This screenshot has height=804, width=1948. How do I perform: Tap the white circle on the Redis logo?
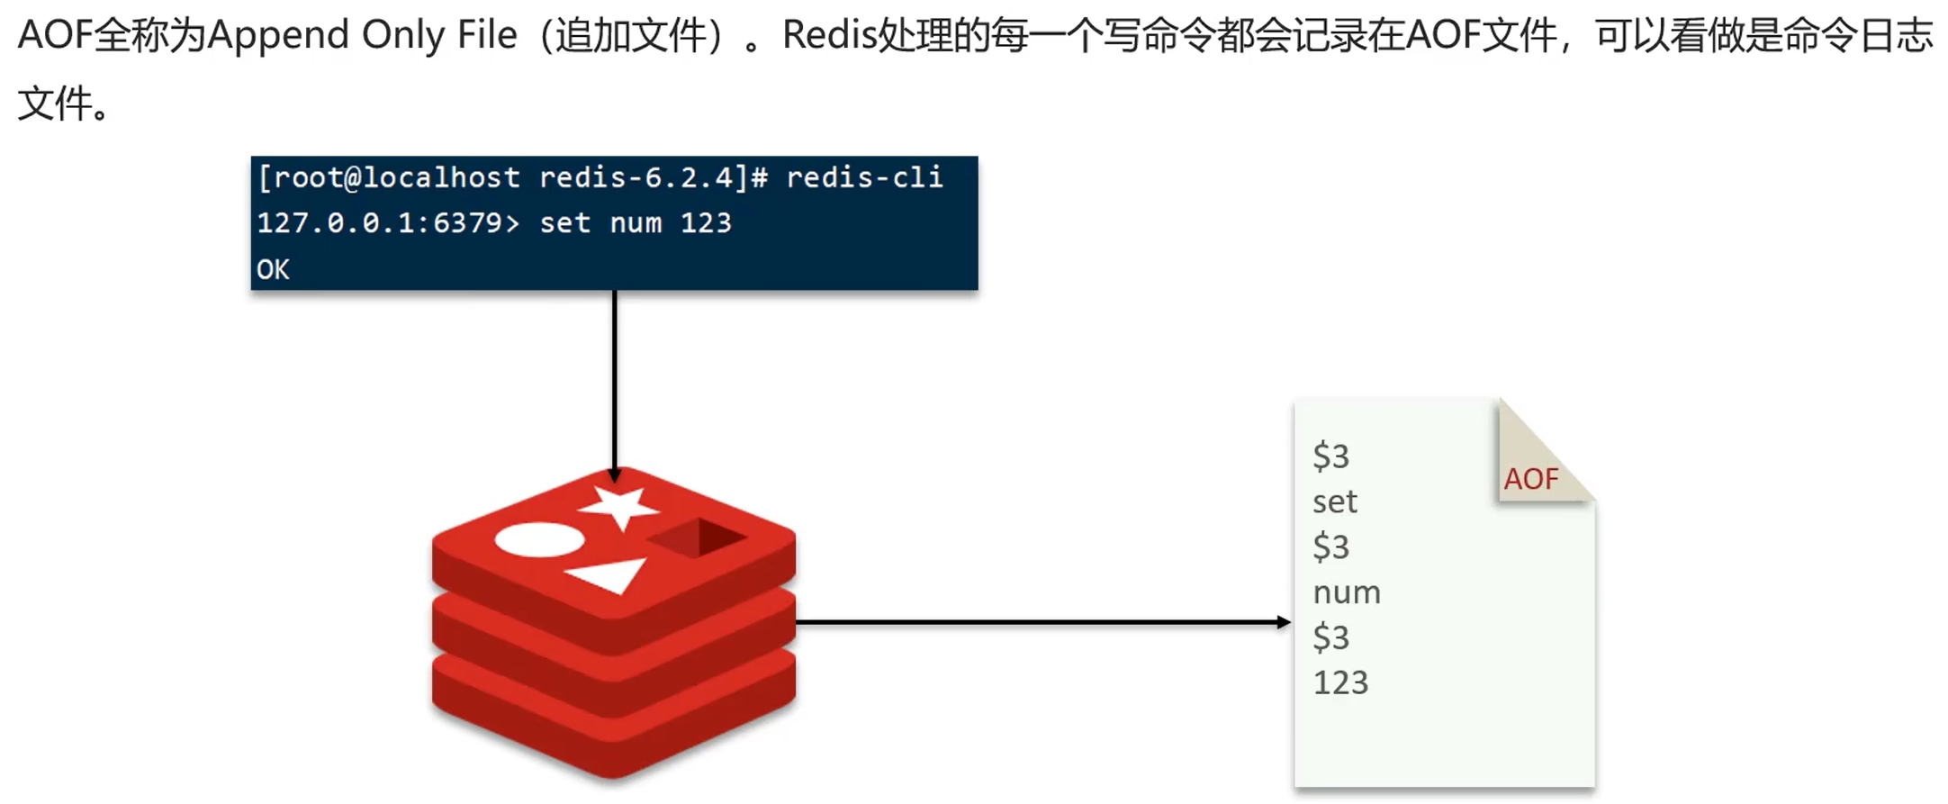539,539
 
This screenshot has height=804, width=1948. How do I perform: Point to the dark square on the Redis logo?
698,538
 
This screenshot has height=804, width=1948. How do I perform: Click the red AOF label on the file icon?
1530,479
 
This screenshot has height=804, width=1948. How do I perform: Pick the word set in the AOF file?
1334,501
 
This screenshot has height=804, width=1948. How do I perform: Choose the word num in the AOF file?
1346,592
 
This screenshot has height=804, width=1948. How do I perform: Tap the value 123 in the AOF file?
1340,682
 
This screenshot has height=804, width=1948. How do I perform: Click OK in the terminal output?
273,269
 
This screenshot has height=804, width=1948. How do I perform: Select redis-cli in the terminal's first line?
864,177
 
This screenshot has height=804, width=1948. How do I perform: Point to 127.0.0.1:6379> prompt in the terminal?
388,223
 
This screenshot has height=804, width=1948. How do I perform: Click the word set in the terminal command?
564,223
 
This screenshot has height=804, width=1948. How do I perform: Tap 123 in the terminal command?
706,223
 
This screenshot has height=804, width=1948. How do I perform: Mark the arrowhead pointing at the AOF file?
1284,622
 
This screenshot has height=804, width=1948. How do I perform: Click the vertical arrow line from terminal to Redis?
614,378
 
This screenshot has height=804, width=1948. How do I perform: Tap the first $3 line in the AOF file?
1330,456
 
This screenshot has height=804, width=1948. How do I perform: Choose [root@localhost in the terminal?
388,177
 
